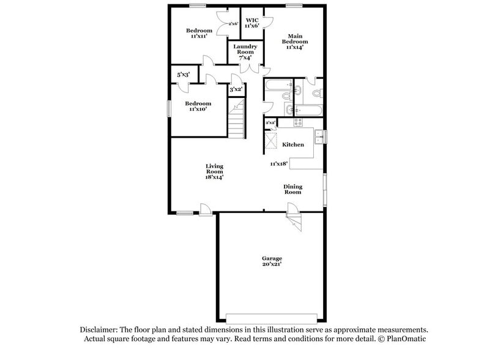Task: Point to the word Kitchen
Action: (x=292, y=144)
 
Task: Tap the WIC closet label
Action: (x=251, y=21)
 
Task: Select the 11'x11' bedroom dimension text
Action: (x=199, y=37)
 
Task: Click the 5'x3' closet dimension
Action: (x=183, y=74)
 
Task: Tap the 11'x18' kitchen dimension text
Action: (x=280, y=163)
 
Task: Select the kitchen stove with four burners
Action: (x=299, y=122)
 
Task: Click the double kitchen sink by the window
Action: (x=319, y=137)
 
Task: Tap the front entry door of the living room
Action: (x=206, y=211)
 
